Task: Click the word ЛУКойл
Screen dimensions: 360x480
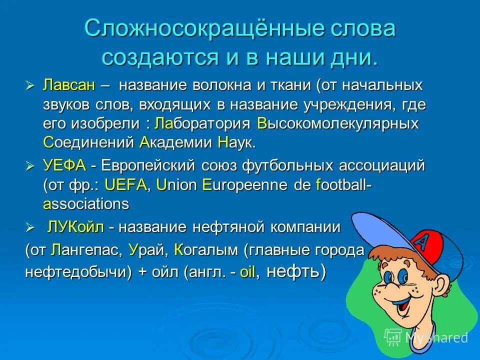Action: [x=75, y=228]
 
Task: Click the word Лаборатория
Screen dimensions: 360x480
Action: [x=203, y=123]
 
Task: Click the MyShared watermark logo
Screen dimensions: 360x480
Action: [x=426, y=337]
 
